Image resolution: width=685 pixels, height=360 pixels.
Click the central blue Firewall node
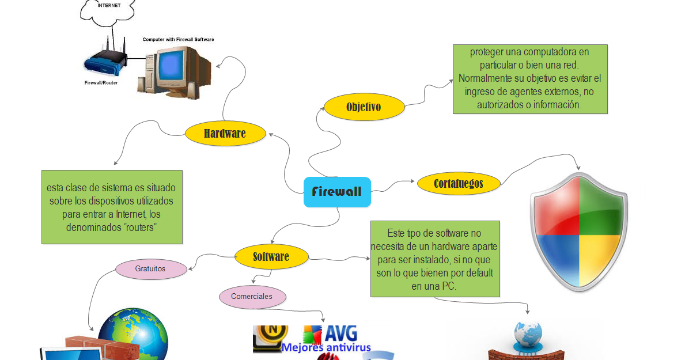(x=337, y=192)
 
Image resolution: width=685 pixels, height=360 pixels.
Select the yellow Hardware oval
(x=225, y=134)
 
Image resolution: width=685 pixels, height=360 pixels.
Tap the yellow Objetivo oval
(x=364, y=107)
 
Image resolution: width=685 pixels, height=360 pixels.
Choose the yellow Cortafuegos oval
(x=458, y=184)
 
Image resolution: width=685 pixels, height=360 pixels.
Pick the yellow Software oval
(x=271, y=256)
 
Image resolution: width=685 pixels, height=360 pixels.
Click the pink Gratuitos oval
(x=150, y=269)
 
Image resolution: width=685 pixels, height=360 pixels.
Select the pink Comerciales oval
(x=252, y=297)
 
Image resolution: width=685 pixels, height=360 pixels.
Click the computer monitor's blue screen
(x=171, y=65)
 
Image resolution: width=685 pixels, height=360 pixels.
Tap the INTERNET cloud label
(x=109, y=6)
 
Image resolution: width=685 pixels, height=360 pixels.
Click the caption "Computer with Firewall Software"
(x=178, y=40)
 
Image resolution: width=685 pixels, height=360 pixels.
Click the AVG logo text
(x=340, y=334)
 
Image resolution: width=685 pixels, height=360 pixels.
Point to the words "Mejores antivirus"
(x=326, y=347)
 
